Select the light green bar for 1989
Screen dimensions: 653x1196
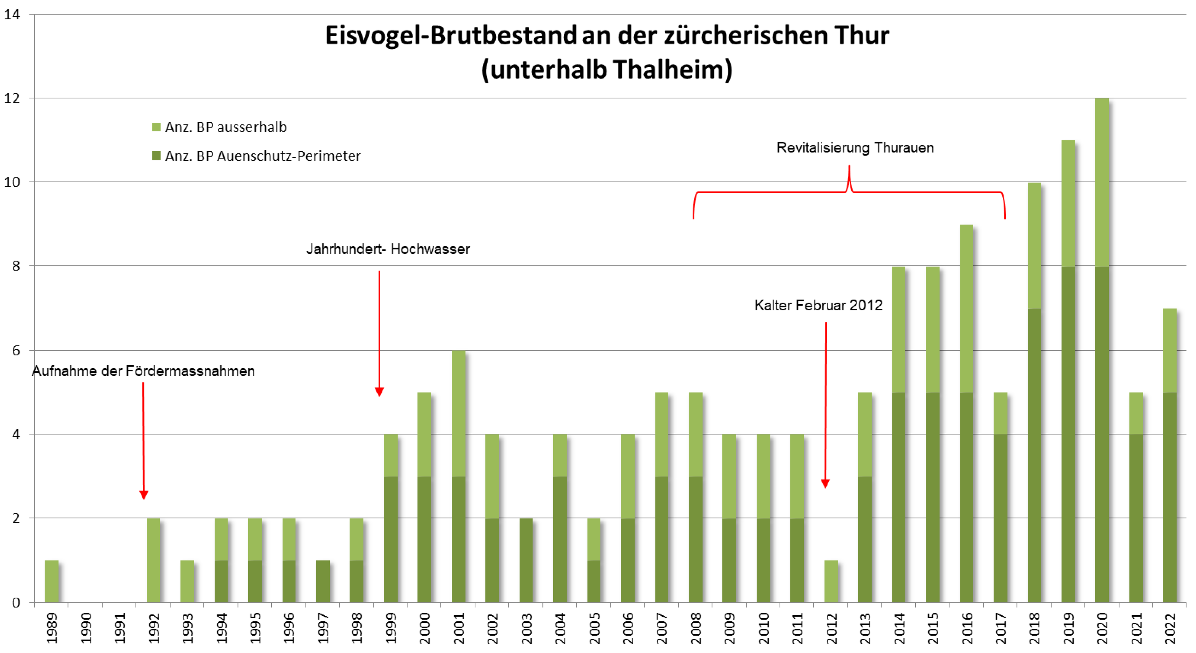point(52,581)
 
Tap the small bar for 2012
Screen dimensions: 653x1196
point(831,581)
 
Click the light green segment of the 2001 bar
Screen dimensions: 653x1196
point(458,413)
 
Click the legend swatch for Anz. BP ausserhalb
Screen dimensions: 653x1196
point(157,127)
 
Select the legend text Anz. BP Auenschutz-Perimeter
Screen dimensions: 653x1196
point(263,156)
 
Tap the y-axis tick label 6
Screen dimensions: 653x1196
point(16,350)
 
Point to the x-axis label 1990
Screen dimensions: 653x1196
point(86,628)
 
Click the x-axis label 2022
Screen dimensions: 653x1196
point(1170,628)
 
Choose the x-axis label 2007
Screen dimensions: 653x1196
point(662,628)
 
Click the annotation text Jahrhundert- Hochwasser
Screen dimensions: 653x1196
point(388,249)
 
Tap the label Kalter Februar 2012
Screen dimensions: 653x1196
point(818,305)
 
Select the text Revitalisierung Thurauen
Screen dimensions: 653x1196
point(855,148)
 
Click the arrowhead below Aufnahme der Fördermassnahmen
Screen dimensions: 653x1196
point(144,495)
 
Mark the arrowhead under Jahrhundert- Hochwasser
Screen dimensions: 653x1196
point(379,392)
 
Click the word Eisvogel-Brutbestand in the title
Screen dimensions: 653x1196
point(450,36)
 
